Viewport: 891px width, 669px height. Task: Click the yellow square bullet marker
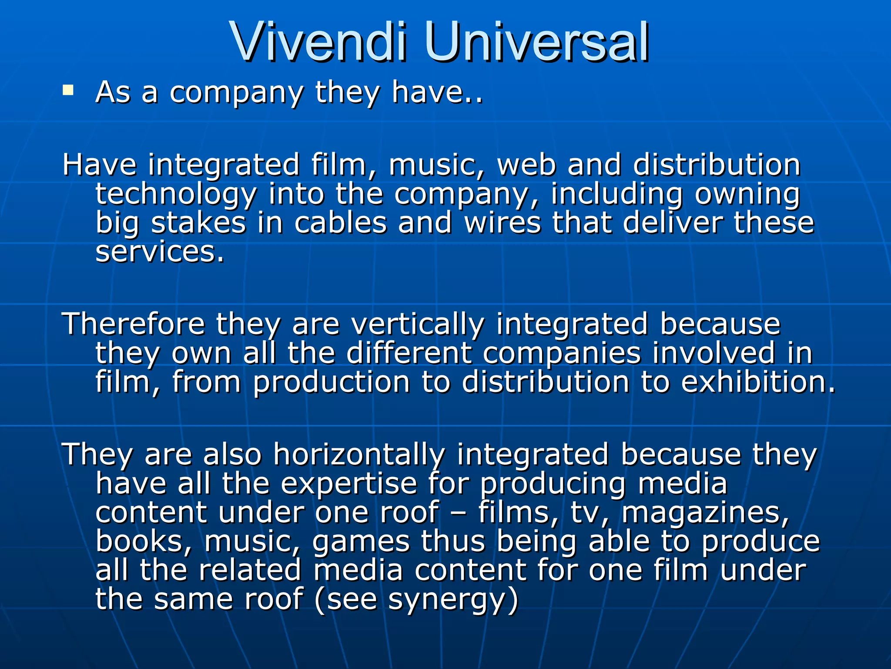[68, 90]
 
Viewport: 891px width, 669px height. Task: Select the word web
[526, 165]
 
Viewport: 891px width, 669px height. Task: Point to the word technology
[176, 194]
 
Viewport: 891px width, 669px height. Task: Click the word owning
[747, 194]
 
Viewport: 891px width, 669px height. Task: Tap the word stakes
[198, 223]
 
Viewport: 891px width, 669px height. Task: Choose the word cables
[340, 223]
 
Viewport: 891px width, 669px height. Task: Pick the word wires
[502, 223]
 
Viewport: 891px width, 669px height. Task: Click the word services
[160, 251]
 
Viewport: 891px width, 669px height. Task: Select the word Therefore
[134, 324]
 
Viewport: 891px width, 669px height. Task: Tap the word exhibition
[757, 382]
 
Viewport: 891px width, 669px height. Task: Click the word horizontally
[359, 455]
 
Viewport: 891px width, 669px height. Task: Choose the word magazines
[705, 513]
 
